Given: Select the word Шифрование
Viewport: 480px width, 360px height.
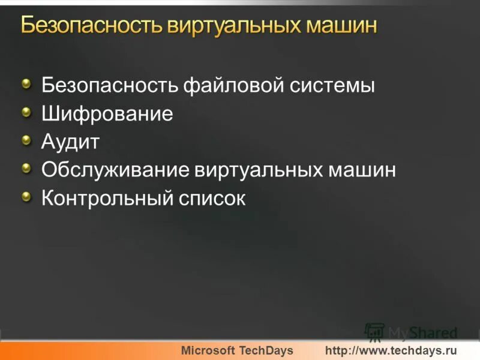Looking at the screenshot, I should pyautogui.click(x=107, y=114).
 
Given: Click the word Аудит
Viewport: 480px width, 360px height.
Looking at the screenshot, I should pyautogui.click(x=70, y=142).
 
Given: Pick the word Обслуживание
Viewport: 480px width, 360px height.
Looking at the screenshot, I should pyautogui.click(x=115, y=170).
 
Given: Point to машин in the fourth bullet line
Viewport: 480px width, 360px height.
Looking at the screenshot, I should pyautogui.click(x=361, y=170).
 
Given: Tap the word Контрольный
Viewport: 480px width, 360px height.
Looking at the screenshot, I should pyautogui.click(x=107, y=199).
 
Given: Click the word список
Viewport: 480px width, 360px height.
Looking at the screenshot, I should pyautogui.click(x=212, y=199).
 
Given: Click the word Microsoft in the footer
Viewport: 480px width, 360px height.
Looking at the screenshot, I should pyautogui.click(x=208, y=350).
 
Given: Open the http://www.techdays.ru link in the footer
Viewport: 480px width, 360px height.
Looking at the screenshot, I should pyautogui.click(x=391, y=350).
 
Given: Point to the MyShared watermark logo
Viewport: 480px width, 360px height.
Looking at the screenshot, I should pyautogui.click(x=411, y=332).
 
